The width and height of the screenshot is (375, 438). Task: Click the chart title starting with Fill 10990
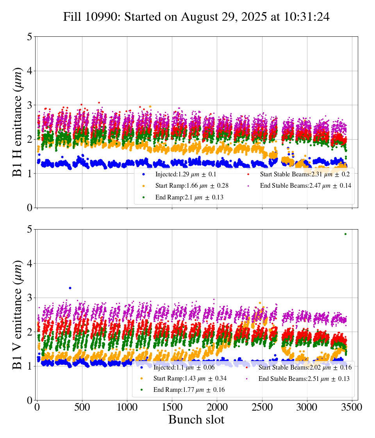pyautogui.click(x=196, y=17)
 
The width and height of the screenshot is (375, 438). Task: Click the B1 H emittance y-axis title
pyautogui.click(x=18, y=122)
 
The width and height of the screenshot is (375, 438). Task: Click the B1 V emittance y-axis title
pyautogui.click(x=18, y=314)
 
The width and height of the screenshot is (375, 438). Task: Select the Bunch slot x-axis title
pyautogui.click(x=196, y=420)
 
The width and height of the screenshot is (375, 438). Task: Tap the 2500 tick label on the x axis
pyautogui.click(x=262, y=407)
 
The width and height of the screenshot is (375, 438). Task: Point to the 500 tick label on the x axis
pyautogui.click(x=82, y=407)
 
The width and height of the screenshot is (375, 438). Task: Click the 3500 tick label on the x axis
pyautogui.click(x=352, y=407)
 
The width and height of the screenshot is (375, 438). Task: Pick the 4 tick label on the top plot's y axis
pyautogui.click(x=30, y=71)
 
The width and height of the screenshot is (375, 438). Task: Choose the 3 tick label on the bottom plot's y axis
pyautogui.click(x=30, y=298)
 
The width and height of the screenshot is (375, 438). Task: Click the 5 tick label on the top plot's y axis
pyautogui.click(x=30, y=37)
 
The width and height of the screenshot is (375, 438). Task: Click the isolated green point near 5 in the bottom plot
pyautogui.click(x=345, y=234)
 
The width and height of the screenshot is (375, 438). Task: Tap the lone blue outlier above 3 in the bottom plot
pyautogui.click(x=70, y=288)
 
